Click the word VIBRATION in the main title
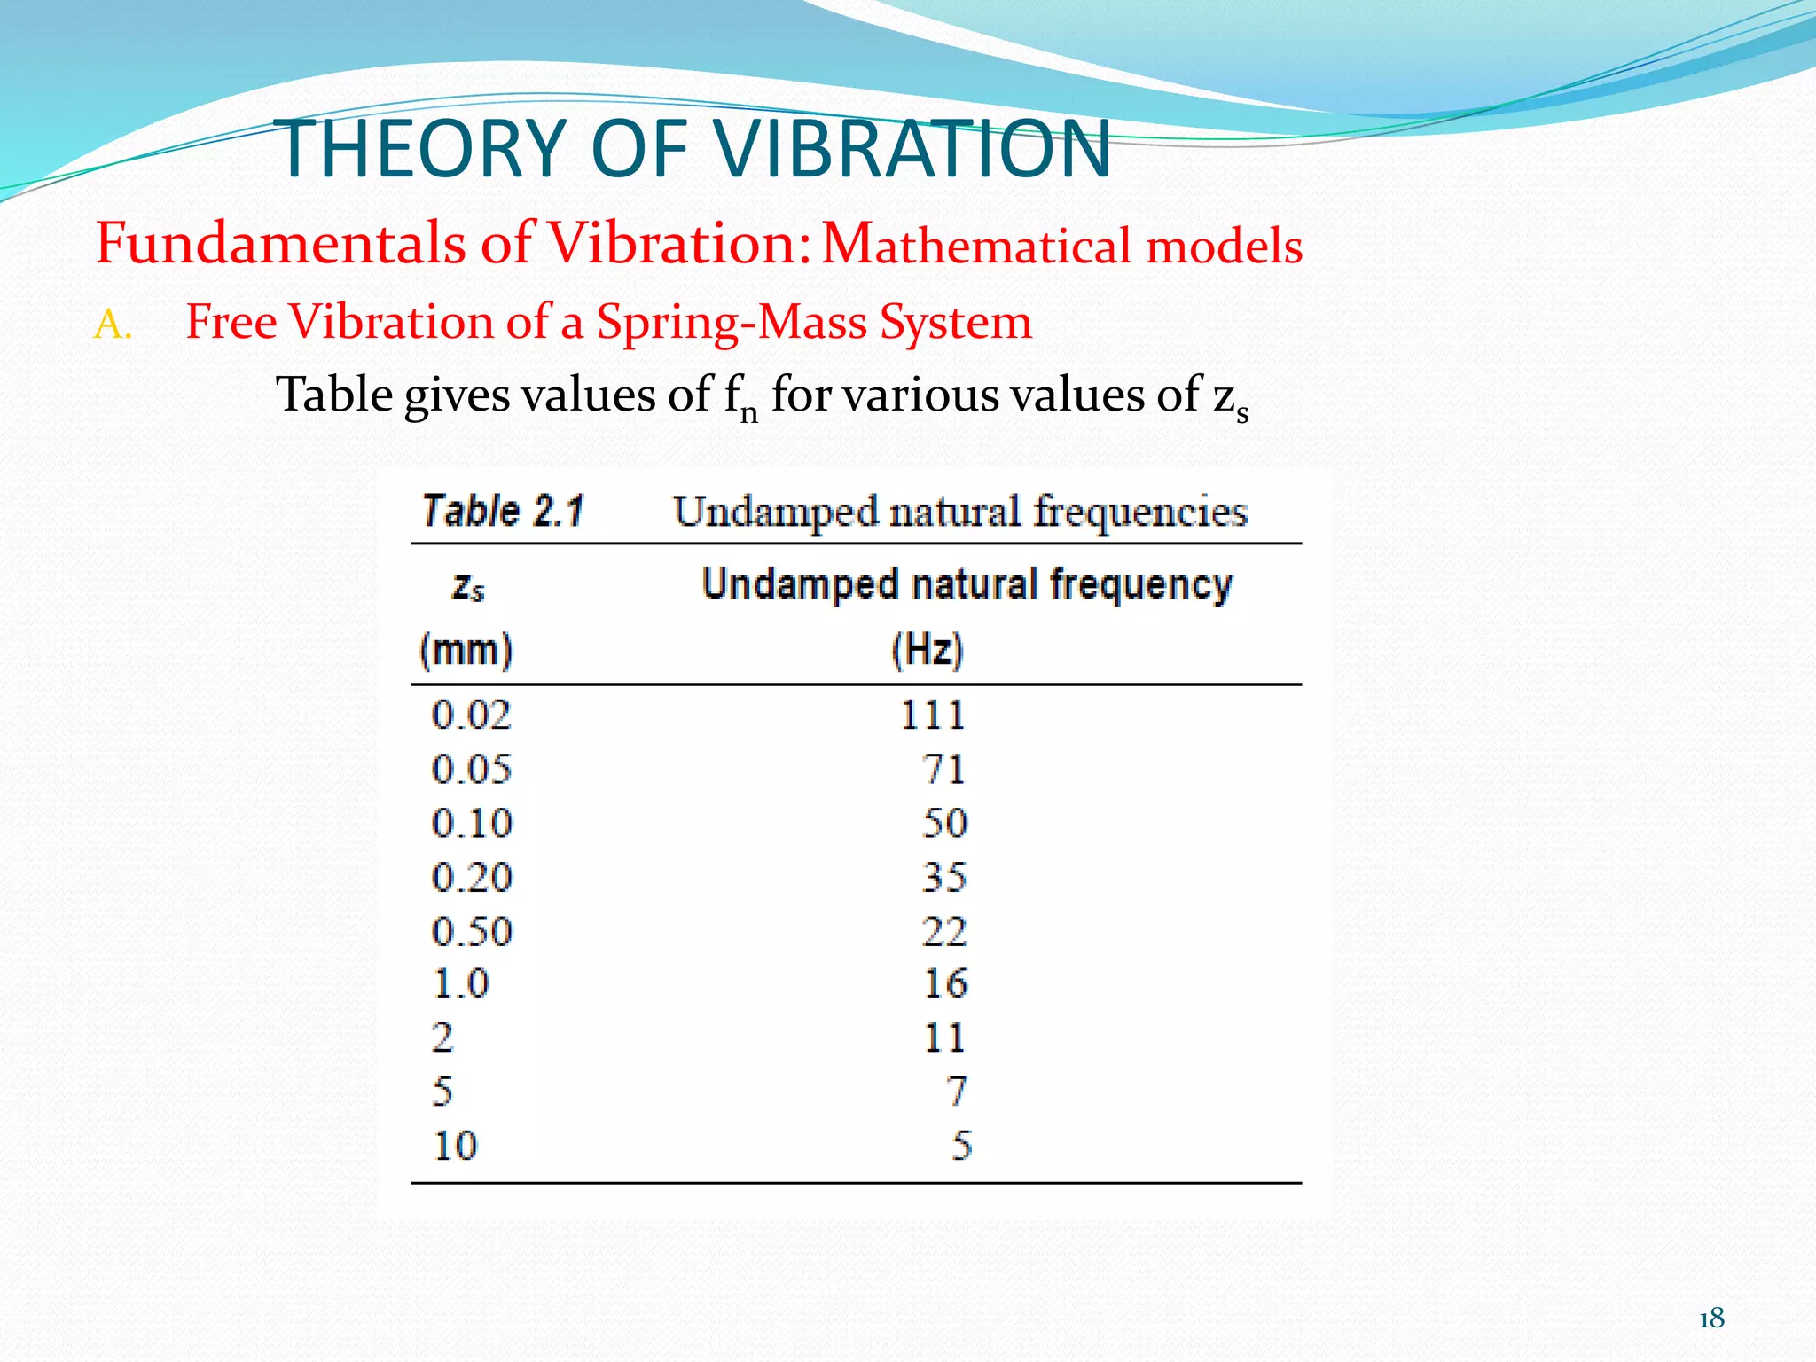(x=913, y=148)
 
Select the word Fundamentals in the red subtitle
(x=279, y=243)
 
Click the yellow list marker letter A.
(x=112, y=325)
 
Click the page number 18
(x=1711, y=1319)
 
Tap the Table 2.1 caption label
(x=503, y=512)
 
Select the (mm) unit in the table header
(x=466, y=650)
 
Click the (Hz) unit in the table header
(x=927, y=650)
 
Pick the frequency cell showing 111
(x=932, y=715)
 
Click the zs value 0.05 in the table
(x=472, y=769)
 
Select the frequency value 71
(x=943, y=769)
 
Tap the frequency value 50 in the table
(x=944, y=823)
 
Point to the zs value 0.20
(x=472, y=877)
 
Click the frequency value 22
(x=943, y=931)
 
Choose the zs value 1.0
(x=461, y=983)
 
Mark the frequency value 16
(x=945, y=983)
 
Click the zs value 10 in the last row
(x=455, y=1146)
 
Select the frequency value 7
(x=956, y=1091)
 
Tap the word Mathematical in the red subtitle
(x=975, y=245)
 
